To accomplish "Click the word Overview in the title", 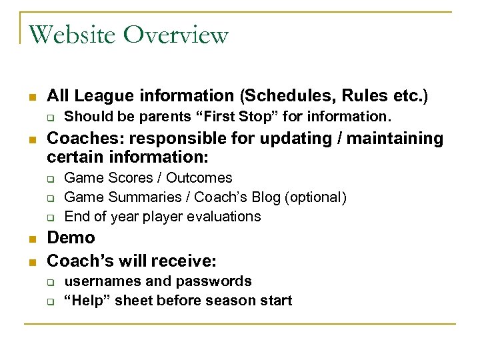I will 177,34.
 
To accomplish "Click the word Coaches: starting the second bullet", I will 78,139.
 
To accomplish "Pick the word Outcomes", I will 199,178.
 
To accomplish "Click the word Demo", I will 71,238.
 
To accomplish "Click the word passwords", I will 216,281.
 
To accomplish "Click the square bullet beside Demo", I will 31,239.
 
